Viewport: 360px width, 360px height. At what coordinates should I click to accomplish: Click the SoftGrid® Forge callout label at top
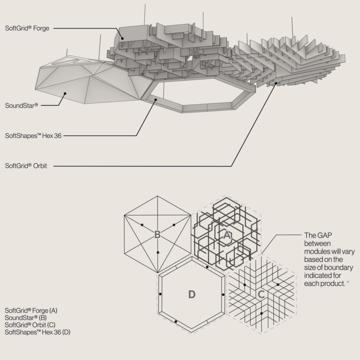click(27, 28)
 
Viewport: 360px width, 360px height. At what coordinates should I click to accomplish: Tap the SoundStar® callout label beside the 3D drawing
click(22, 105)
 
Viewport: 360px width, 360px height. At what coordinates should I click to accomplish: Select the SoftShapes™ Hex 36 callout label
click(33, 135)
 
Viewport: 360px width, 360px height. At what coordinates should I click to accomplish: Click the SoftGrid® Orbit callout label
click(26, 166)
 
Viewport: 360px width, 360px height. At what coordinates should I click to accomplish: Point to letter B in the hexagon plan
click(157, 235)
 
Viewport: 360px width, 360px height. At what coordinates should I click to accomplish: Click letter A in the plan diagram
click(226, 235)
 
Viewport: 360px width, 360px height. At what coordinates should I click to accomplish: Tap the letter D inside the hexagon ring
click(192, 294)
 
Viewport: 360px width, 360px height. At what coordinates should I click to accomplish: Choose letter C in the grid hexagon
click(261, 294)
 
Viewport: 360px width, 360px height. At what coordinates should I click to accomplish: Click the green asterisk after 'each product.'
click(348, 282)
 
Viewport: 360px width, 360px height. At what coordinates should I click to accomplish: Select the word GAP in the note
click(325, 235)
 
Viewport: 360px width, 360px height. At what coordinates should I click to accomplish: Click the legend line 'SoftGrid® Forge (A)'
click(31, 310)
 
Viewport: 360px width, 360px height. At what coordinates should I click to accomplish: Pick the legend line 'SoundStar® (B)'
click(26, 318)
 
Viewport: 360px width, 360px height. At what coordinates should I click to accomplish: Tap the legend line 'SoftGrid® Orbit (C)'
click(30, 325)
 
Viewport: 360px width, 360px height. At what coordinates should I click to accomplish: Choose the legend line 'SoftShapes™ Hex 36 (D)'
click(37, 332)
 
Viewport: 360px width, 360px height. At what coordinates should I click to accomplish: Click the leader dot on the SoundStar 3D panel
click(65, 93)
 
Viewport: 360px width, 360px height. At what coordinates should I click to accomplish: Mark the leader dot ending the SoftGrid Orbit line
click(276, 83)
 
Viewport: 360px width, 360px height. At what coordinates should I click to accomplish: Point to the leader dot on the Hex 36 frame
click(156, 100)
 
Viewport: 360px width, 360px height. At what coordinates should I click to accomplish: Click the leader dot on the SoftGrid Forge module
click(122, 38)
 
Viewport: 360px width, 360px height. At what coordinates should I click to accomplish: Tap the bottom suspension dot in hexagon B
click(157, 253)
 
